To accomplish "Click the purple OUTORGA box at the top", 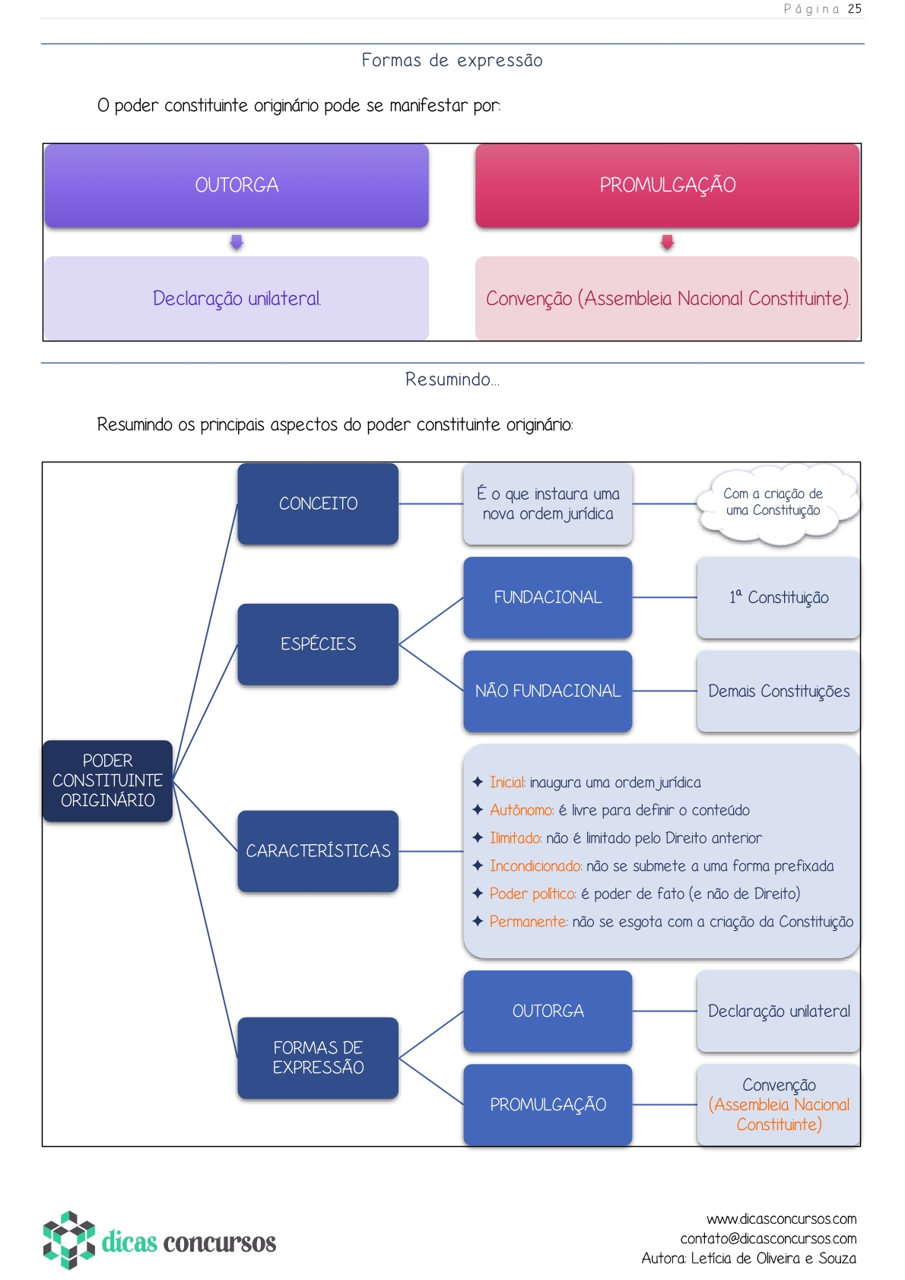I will [x=237, y=186].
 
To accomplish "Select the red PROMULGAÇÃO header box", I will [x=667, y=186].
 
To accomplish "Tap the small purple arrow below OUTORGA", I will [x=237, y=242].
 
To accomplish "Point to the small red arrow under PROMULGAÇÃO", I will [x=667, y=242].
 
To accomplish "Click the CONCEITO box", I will [x=318, y=503].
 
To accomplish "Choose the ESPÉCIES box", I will [x=318, y=644].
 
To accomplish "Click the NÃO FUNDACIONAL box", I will [x=548, y=691].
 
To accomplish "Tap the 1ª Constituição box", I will [x=778, y=598].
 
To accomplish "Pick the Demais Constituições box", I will [x=778, y=691].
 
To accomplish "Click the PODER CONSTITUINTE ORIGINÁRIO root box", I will [x=107, y=780].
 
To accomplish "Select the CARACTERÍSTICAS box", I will [x=318, y=851].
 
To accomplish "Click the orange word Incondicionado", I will [x=535, y=866].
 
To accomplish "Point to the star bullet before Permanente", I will [x=478, y=921].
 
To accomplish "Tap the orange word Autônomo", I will [x=521, y=811].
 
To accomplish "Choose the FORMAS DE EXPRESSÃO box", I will [x=318, y=1057].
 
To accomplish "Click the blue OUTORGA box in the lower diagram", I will [x=548, y=1011].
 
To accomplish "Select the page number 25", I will [x=855, y=9].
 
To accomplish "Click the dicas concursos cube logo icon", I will [x=68, y=1240].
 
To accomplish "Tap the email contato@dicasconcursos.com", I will [x=768, y=1239].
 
